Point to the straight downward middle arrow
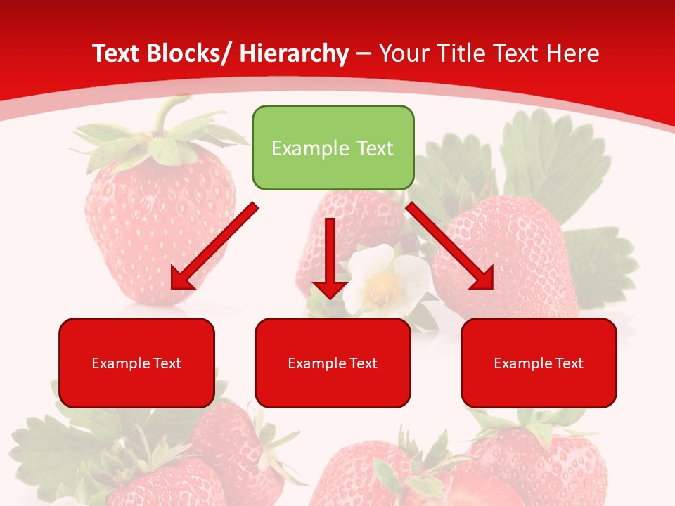(330, 253)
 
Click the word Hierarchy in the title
(294, 53)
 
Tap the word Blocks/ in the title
(185, 53)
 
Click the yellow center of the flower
(385, 285)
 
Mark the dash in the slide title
(364, 53)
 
